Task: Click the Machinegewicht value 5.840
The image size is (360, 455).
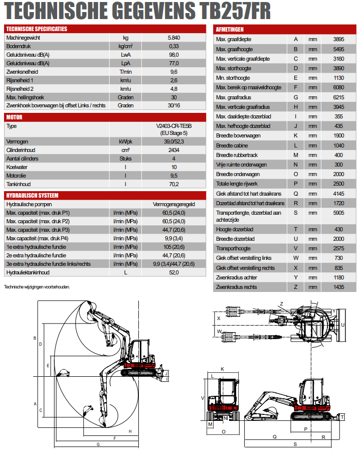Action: [174, 38]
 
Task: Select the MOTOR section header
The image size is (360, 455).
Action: [14, 117]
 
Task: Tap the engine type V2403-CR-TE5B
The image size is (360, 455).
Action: [174, 126]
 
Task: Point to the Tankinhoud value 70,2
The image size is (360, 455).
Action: [174, 184]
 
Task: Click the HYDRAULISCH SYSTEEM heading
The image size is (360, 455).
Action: [32, 196]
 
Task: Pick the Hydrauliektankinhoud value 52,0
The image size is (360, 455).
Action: [174, 272]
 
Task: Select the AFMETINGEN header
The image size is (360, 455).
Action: [230, 29]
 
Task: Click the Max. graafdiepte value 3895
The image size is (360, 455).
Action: [338, 39]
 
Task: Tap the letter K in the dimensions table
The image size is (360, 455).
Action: [296, 135]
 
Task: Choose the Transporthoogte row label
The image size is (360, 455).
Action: [233, 248]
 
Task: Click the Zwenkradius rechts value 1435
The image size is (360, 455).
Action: [338, 287]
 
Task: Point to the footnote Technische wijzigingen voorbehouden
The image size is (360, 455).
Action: [37, 287]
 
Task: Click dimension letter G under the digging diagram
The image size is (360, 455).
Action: [98, 444]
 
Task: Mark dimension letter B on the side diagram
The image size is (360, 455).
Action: [35, 338]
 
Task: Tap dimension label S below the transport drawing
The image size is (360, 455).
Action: [295, 444]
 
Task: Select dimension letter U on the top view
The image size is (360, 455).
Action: [342, 325]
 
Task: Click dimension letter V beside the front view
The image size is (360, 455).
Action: [203, 398]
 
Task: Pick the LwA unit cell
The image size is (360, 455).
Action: [126, 55]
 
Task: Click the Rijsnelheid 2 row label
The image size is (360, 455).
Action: [20, 89]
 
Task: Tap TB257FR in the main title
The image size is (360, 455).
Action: [235, 11]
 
